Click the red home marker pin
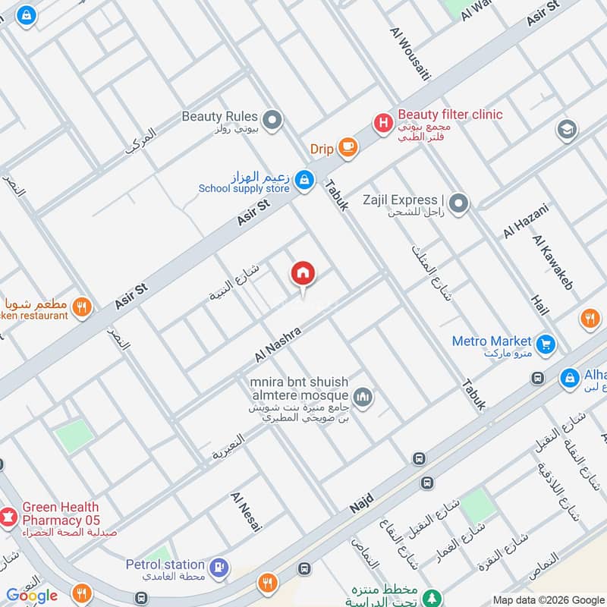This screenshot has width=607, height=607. (x=303, y=274)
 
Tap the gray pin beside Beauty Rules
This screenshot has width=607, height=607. (x=272, y=119)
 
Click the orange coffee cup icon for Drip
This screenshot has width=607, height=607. (x=348, y=148)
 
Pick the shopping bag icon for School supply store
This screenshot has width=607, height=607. (x=303, y=180)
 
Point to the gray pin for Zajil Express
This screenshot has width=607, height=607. (x=458, y=203)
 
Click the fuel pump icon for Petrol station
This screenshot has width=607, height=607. (x=219, y=566)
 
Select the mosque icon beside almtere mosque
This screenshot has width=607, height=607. (x=363, y=396)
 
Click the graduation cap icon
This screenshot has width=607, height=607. (x=566, y=130)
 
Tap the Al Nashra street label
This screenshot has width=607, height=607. (x=278, y=344)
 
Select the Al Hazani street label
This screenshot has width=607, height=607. (x=521, y=220)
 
